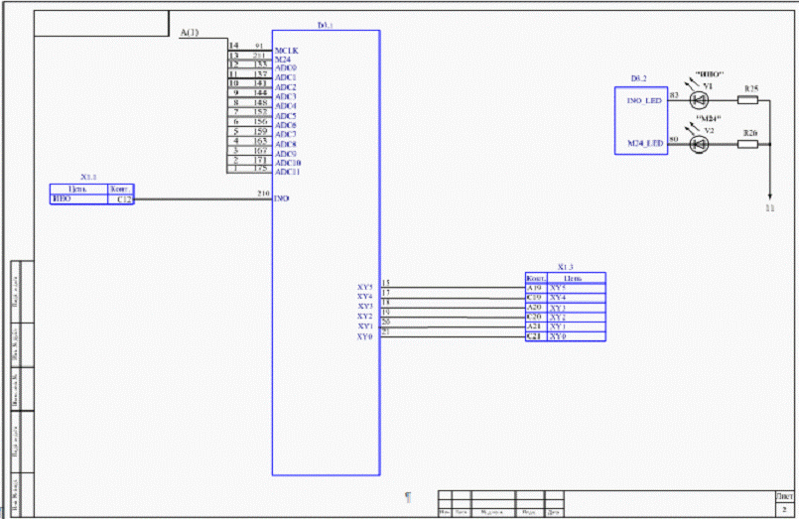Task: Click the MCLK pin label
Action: pos(286,49)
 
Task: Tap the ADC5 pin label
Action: pos(286,115)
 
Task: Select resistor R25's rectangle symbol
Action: pos(749,100)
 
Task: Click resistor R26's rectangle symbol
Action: pos(749,144)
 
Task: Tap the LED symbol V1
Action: pos(697,100)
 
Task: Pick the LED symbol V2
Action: pos(697,144)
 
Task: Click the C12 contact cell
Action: pos(124,199)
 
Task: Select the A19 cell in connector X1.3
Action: pos(535,288)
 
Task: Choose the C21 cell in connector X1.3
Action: pos(535,336)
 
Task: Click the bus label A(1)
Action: pos(190,34)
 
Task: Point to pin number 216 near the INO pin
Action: pos(263,194)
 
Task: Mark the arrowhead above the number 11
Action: pos(769,195)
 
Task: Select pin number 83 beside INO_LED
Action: pos(674,95)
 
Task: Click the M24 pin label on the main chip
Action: pos(282,59)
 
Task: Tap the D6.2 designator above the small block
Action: pos(639,77)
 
